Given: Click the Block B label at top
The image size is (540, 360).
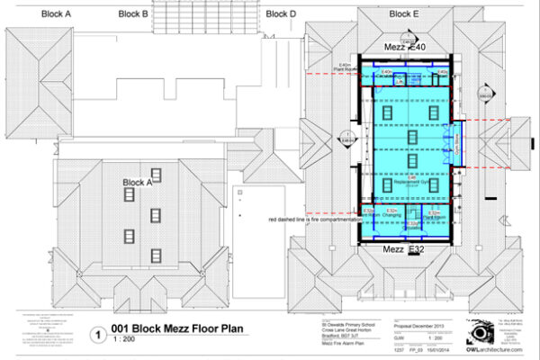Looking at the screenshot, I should pyautogui.click(x=133, y=13).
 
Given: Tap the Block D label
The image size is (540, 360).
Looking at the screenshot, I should pyautogui.click(x=281, y=13).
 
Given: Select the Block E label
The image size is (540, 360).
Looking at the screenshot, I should pyautogui.click(x=403, y=13).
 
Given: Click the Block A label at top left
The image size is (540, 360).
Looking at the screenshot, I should pyautogui.click(x=56, y=13).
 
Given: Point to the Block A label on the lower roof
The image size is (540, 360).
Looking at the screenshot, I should pyautogui.click(x=138, y=183).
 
